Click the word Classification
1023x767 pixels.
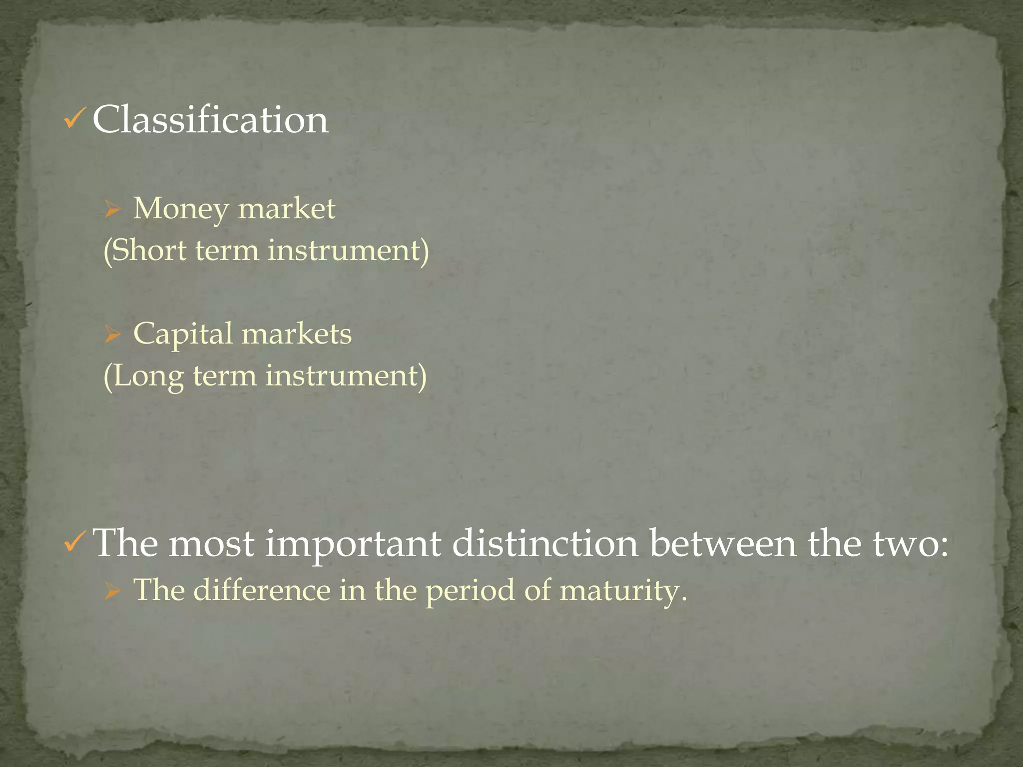coord(210,120)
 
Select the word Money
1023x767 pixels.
coord(180,209)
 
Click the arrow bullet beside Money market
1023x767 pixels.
coord(113,209)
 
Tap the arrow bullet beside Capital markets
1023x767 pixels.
coord(113,335)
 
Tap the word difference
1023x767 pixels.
coord(262,590)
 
